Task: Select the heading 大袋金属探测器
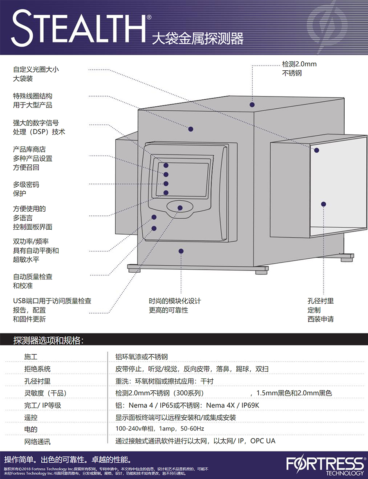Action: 197,38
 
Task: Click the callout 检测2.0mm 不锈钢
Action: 299,69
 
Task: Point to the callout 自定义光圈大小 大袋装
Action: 36,74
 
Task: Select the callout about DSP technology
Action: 39,127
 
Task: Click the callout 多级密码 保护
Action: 26,189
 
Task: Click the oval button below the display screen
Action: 180,207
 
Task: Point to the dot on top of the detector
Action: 252,105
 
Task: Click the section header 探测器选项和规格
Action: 48,340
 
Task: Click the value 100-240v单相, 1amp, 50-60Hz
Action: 159,428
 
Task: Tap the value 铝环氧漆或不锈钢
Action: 141,356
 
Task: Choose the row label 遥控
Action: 31,417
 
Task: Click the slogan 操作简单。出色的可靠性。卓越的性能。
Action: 67,459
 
